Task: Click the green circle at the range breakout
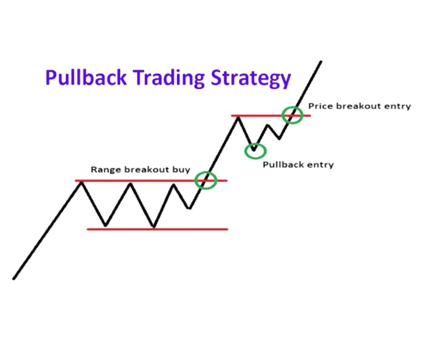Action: click(205, 180)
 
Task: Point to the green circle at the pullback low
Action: click(255, 150)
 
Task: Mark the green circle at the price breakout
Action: click(292, 115)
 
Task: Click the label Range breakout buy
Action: click(140, 170)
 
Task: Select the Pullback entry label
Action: click(298, 164)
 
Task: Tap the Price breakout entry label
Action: click(359, 106)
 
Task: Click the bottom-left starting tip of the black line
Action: click(14, 278)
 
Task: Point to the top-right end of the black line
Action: click(321, 61)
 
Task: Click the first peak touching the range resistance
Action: click(81, 182)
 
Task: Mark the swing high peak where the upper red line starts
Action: click(238, 116)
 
